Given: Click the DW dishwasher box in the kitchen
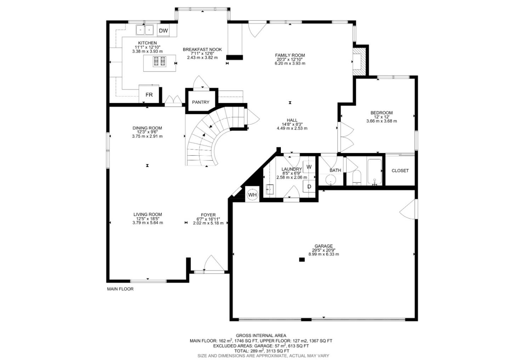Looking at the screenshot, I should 163,31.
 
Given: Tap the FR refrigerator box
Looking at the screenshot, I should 149,95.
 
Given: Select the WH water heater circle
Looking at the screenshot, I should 252,195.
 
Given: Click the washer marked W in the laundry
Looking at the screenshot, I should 309,167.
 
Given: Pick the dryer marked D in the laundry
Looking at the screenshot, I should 309,187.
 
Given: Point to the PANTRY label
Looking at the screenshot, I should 200,102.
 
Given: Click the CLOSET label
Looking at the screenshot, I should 400,171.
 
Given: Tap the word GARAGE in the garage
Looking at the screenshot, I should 323,246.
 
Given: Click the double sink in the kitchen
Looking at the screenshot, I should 145,30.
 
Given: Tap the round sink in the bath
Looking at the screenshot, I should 331,179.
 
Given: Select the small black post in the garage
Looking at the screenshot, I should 302,259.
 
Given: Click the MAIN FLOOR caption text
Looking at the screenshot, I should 120,289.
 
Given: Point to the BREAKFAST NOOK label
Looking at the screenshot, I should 202,50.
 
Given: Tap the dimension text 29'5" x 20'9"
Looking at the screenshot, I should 323,250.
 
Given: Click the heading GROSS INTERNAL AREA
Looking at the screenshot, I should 261,335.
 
